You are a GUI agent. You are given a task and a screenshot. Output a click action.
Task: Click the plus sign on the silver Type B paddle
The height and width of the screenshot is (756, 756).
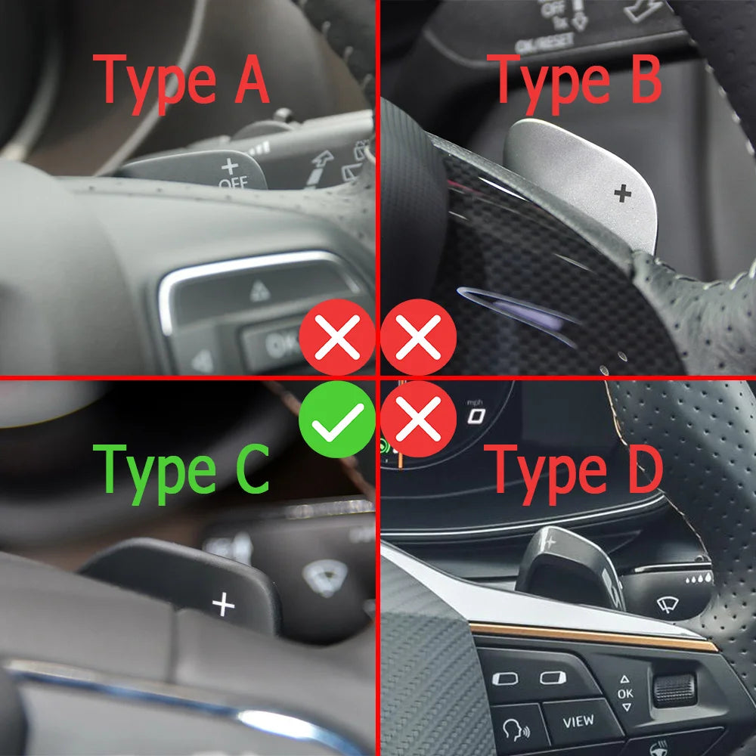pos(622,194)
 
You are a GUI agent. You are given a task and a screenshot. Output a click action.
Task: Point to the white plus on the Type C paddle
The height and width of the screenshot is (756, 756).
pos(223,604)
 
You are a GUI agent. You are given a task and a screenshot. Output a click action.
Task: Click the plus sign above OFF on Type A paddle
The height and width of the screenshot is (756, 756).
pos(229,166)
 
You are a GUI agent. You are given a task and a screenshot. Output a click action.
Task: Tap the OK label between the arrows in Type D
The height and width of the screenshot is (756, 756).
pos(625,693)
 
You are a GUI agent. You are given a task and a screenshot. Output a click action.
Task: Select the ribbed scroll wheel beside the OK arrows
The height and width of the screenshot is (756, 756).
pos(674,689)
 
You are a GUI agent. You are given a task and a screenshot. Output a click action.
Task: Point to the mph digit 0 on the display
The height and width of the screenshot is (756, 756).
pos(476,415)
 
